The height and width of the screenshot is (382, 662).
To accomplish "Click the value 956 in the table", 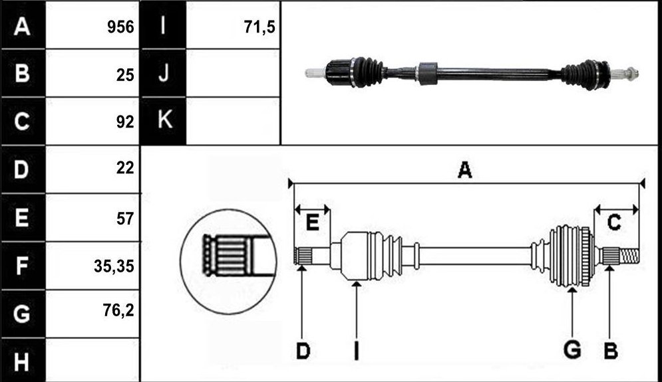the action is [120, 27].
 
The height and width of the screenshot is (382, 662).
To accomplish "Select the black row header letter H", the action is [21, 362].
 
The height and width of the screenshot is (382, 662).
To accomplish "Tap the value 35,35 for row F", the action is [114, 266].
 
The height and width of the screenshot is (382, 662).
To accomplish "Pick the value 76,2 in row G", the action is [118, 310].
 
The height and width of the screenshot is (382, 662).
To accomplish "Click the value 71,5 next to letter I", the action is [259, 27].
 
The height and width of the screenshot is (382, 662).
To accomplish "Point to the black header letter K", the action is [164, 120].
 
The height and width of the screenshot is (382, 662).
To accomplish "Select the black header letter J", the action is [164, 73].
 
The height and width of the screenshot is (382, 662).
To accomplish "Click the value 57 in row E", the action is [125, 219].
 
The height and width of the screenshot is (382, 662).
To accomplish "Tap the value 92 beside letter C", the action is [125, 122].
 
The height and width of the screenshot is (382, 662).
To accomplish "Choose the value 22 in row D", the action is [125, 168].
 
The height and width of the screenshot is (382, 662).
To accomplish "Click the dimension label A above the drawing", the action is [465, 170].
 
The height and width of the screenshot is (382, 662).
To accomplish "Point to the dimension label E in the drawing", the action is [312, 223].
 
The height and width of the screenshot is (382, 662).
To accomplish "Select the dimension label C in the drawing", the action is [614, 222].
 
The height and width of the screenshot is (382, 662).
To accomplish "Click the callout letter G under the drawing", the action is [572, 350].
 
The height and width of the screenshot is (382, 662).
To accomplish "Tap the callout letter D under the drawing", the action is [303, 351].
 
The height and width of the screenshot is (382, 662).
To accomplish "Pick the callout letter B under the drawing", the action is [611, 351].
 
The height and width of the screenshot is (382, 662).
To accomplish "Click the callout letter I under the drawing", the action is [357, 351].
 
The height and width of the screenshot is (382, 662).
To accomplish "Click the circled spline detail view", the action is [228, 261].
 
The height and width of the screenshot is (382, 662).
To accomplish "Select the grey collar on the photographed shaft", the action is [428, 73].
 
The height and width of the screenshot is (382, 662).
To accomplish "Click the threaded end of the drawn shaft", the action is [629, 256].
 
